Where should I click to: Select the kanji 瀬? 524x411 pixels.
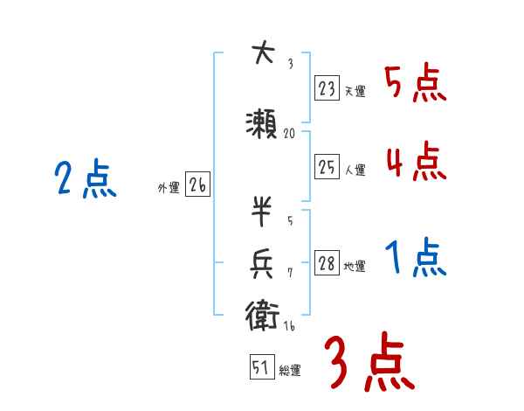pos(263,122)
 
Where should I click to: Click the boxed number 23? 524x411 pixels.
pos(327,87)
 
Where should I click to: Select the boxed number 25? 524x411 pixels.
pos(327,168)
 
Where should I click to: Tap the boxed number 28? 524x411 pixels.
pos(327,264)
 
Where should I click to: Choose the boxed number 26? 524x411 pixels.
pos(197,185)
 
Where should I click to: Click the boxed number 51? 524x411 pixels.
pos(261,368)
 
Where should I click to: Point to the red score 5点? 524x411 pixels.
pos(416,84)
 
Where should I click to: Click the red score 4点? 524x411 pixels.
pos(416,162)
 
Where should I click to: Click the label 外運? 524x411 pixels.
pos(169,187)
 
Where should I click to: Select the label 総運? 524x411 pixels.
pos(290,371)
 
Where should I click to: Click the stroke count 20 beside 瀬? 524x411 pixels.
pos(291,134)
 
